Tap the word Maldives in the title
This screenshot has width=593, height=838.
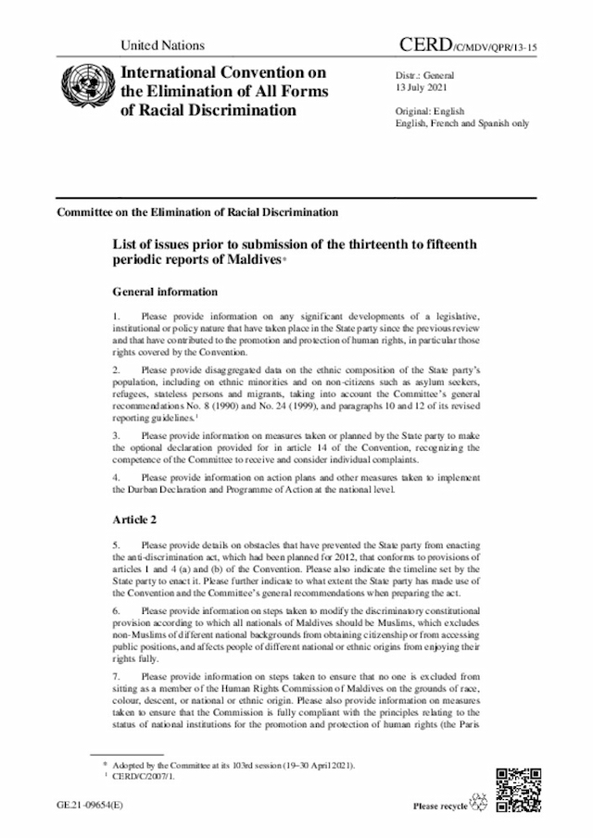pyautogui.click(x=252, y=262)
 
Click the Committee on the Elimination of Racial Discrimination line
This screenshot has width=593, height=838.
pyautogui.click(x=197, y=212)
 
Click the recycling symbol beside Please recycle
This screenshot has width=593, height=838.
pyautogui.click(x=480, y=804)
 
